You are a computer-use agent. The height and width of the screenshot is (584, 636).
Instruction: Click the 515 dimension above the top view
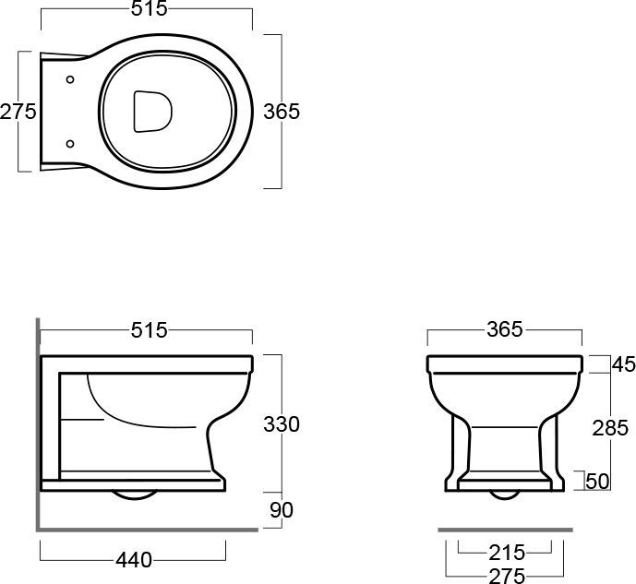point(149,8)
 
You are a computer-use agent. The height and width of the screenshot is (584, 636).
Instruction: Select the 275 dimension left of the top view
point(18,112)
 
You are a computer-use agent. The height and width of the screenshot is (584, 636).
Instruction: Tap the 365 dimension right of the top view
point(282,112)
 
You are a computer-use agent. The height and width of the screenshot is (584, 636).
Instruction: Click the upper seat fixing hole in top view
point(70,79)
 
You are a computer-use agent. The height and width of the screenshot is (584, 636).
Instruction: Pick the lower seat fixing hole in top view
point(70,144)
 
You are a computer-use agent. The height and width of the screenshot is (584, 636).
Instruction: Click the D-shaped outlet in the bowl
point(152,112)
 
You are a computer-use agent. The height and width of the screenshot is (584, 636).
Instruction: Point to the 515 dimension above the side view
point(149,330)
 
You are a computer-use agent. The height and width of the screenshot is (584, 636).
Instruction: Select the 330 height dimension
point(282,424)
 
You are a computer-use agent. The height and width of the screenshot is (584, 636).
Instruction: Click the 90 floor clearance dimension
point(282,510)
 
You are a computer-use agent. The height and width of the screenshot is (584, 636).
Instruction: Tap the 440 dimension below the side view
point(134,561)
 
